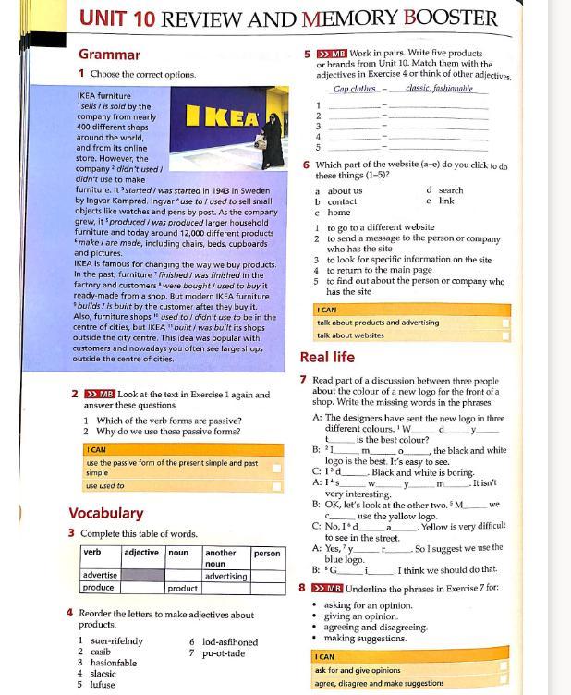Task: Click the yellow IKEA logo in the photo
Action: (223, 118)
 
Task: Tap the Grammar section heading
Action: (109, 55)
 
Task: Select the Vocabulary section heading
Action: (105, 513)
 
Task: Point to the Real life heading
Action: (327, 357)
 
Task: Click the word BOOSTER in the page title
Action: (442, 18)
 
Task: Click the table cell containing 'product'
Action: (182, 588)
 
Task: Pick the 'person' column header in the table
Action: (267, 553)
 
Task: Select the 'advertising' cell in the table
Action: (225, 576)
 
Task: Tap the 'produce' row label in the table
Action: (99, 588)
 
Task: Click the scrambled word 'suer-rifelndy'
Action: (116, 640)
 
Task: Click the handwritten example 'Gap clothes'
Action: (355, 90)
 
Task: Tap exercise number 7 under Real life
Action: (303, 380)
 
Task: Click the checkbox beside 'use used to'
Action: (276, 485)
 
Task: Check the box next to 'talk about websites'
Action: (504, 335)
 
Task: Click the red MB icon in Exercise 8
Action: (328, 588)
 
